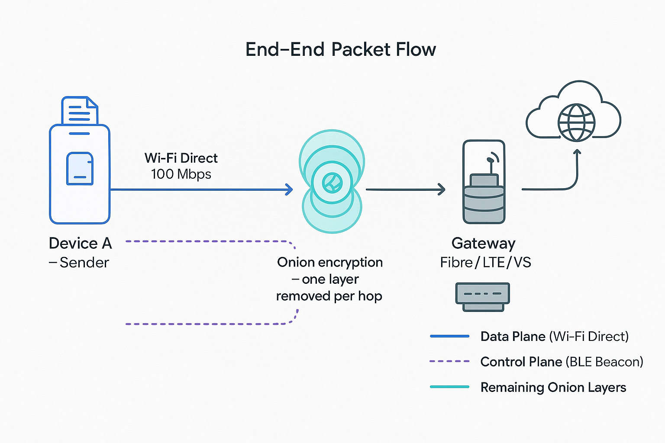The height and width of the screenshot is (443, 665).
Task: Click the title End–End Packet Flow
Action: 340,50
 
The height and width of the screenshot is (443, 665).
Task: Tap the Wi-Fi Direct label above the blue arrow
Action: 181,158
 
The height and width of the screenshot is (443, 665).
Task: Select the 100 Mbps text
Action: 181,174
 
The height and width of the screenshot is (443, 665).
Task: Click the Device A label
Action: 80,244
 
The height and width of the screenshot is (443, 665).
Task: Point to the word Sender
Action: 84,263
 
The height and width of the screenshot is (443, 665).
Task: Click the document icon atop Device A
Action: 80,111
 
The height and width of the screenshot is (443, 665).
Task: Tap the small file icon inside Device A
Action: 80,169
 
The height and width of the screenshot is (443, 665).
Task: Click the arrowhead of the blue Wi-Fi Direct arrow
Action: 289,189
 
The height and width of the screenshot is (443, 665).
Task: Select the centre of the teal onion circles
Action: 332,183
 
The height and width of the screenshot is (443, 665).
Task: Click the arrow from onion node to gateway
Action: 405,189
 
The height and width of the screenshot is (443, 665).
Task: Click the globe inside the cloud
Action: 576,122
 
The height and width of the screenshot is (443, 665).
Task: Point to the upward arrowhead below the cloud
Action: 577,152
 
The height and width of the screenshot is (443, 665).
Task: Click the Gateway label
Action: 483,244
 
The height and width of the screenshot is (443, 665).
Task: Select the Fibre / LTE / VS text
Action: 485,263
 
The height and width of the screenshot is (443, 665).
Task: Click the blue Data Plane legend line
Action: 449,336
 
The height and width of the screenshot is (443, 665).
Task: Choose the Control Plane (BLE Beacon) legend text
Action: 562,362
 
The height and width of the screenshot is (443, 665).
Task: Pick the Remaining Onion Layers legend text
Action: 553,387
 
